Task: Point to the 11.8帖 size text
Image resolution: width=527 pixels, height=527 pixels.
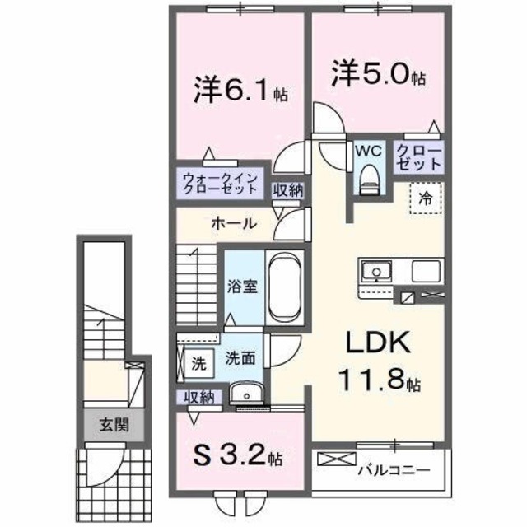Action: point(380,382)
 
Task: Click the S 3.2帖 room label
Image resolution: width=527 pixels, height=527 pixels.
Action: point(238,455)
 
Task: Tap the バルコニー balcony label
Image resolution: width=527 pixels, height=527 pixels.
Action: point(394,472)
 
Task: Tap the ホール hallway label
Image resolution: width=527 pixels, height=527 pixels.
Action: point(233,223)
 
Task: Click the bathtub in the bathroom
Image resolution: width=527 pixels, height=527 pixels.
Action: point(285,288)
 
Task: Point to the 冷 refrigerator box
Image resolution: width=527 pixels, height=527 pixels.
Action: point(425,198)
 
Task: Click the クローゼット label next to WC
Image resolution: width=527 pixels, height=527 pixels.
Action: point(418,156)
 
